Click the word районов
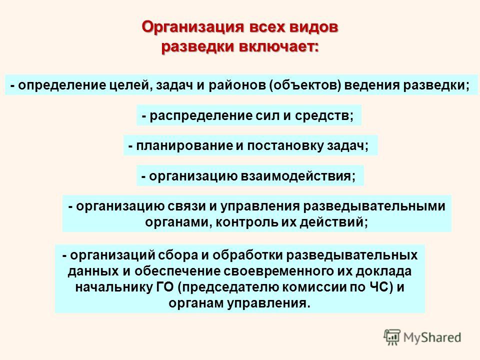tap(237, 85)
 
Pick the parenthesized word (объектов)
tap(305, 85)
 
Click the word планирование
tap(184, 146)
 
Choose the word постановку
tap(285, 146)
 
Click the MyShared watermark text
tap(432, 337)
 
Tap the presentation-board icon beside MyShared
tap(392, 337)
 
